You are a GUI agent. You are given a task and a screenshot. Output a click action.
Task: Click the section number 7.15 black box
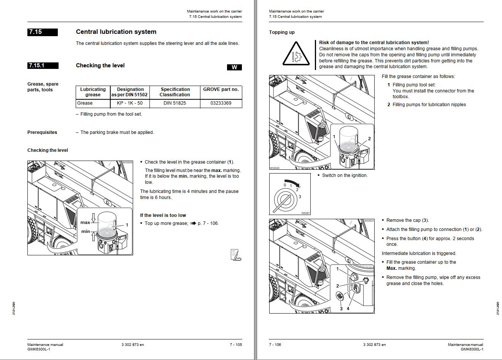[43, 32]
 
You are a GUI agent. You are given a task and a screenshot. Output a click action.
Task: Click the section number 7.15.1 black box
[43, 65]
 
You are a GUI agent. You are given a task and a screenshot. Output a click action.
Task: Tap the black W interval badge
[234, 67]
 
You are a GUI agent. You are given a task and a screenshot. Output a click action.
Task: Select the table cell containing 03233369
[221, 103]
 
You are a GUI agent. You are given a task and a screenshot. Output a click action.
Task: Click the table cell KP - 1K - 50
[130, 103]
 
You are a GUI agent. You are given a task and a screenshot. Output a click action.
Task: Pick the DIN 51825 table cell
[175, 103]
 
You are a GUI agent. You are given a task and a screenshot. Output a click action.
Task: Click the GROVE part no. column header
[221, 90]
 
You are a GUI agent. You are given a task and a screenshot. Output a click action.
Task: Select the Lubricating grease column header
[93, 92]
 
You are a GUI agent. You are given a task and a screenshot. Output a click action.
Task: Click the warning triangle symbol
[296, 55]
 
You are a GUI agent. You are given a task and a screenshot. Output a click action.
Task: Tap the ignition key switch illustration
[290, 194]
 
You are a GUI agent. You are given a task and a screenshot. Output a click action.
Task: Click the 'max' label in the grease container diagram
[85, 223]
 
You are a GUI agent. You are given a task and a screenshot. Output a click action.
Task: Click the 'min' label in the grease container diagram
[86, 231]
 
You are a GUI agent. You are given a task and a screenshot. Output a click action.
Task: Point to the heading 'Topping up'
[281, 32]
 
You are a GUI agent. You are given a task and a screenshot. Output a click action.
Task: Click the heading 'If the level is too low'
[163, 215]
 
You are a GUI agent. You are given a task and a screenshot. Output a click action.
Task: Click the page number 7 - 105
[235, 345]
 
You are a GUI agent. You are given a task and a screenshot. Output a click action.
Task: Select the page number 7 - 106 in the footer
[275, 345]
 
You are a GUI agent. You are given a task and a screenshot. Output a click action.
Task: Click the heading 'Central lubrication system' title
[116, 32]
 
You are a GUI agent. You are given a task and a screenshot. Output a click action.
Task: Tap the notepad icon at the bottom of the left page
[236, 255]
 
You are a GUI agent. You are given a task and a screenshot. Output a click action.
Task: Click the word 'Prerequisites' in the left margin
[42, 132]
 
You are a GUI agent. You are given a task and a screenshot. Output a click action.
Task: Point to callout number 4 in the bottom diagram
[348, 309]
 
